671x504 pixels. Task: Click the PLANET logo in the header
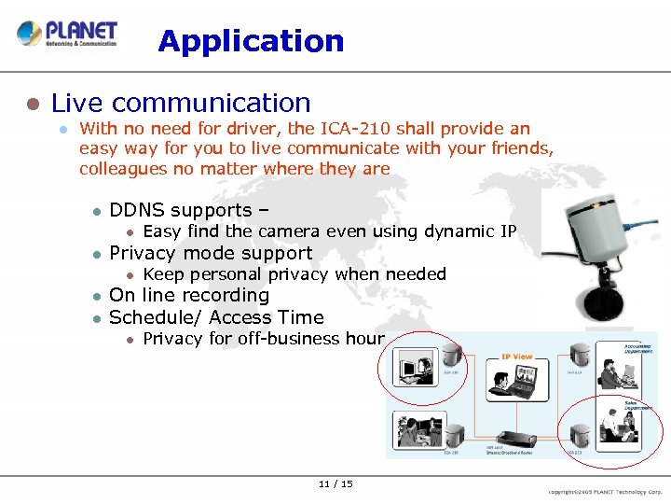pyautogui.click(x=67, y=34)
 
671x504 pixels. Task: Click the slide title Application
pyautogui.click(x=251, y=41)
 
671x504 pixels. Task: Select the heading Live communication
pyautogui.click(x=181, y=103)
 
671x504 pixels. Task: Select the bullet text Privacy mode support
pyautogui.click(x=211, y=253)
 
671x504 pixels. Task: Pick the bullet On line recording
pyautogui.click(x=189, y=296)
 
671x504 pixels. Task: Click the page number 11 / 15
pyautogui.click(x=335, y=483)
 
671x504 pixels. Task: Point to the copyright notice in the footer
pyautogui.click(x=607, y=491)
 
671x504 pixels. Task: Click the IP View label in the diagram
pyautogui.click(x=517, y=357)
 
